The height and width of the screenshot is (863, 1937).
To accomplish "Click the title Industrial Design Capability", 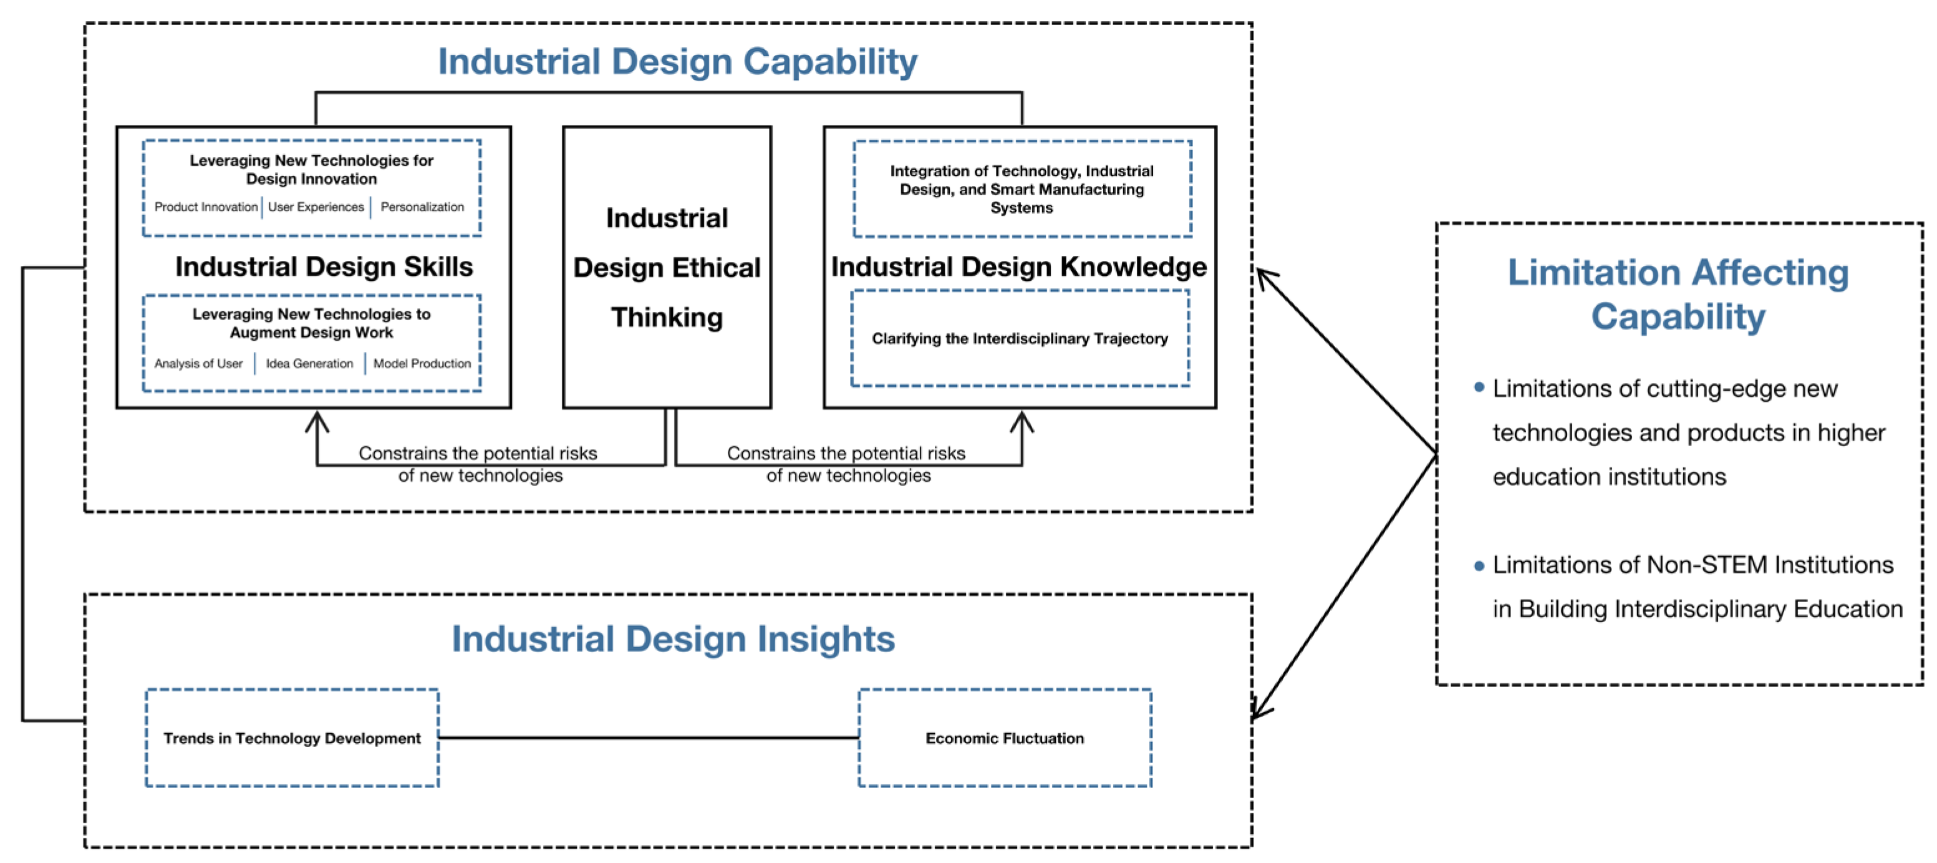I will [x=677, y=62].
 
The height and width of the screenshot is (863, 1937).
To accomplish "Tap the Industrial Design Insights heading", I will [x=673, y=639].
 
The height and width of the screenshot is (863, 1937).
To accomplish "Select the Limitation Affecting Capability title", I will [x=1678, y=294].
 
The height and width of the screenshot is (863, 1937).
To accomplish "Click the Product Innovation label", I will [x=205, y=207].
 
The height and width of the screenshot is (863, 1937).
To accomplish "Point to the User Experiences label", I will [x=316, y=207].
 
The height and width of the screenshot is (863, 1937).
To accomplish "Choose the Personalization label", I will [x=422, y=207].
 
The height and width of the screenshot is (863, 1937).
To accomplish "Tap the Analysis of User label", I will [x=198, y=363].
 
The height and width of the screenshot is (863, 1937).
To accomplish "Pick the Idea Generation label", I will [x=309, y=363].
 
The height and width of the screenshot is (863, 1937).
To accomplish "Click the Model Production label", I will [x=422, y=363].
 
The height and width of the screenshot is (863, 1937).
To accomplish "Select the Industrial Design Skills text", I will [x=324, y=267].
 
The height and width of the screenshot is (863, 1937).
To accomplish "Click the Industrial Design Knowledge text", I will [x=1019, y=267].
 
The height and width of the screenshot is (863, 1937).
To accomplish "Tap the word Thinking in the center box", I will [x=666, y=318].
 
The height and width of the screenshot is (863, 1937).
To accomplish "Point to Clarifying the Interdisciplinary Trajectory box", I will [x=1020, y=339].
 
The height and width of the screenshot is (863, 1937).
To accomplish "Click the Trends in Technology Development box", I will [x=292, y=738].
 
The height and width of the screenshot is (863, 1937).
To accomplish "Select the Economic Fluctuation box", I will [x=1005, y=738].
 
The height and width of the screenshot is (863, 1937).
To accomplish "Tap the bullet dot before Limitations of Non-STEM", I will [x=1479, y=566].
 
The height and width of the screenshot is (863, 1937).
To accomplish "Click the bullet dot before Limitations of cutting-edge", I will [x=1479, y=388].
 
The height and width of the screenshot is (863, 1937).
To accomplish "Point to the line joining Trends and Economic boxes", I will [x=648, y=738].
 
